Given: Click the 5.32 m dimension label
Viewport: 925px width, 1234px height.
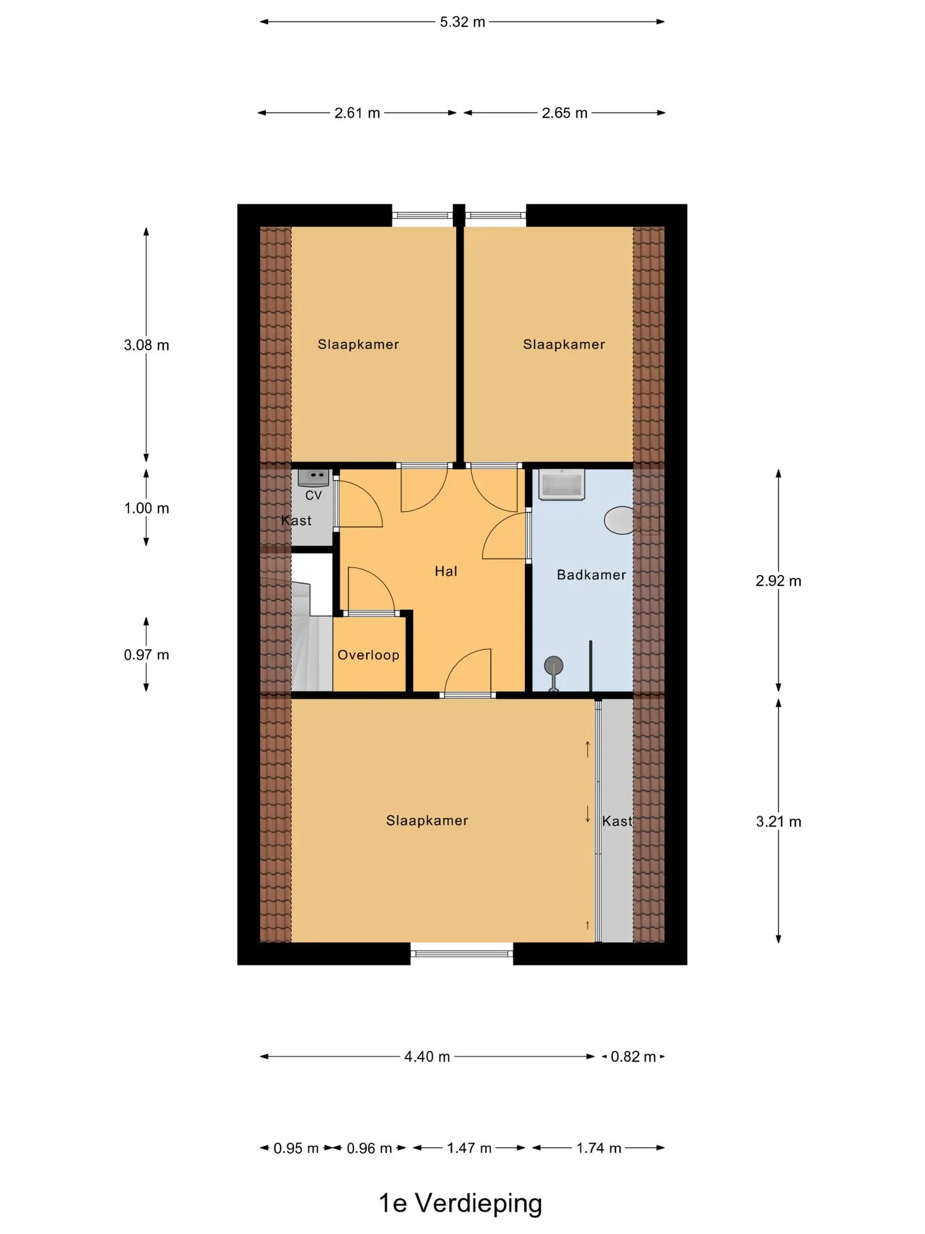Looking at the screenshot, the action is pyautogui.click(x=463, y=22).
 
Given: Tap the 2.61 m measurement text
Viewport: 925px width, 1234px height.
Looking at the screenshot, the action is pyautogui.click(x=357, y=113).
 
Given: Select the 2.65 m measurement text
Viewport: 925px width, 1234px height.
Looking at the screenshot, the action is pyautogui.click(x=565, y=113).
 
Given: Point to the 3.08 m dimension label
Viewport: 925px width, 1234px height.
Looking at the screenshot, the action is pyautogui.click(x=146, y=345).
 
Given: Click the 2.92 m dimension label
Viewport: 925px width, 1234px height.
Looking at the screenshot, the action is pyautogui.click(x=779, y=581).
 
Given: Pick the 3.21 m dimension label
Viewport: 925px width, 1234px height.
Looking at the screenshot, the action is pyautogui.click(x=779, y=821).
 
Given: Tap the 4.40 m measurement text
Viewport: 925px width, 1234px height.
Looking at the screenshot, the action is pyautogui.click(x=427, y=1057).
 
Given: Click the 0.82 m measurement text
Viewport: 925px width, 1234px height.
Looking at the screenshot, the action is pyautogui.click(x=633, y=1057).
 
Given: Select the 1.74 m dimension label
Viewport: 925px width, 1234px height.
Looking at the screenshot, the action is pyautogui.click(x=599, y=1148).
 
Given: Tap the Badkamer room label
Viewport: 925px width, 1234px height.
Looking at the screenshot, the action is pyautogui.click(x=592, y=575).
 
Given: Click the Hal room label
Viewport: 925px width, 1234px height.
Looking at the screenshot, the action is pyautogui.click(x=446, y=571).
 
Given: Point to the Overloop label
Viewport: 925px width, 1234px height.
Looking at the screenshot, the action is pyautogui.click(x=369, y=655).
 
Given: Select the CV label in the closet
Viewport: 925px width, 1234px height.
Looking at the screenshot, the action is pyautogui.click(x=313, y=496).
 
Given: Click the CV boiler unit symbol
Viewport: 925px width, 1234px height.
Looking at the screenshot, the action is pyautogui.click(x=313, y=478).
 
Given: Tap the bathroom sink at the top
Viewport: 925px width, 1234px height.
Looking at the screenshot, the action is pyautogui.click(x=562, y=484).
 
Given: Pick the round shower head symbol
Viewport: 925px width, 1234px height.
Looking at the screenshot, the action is pyautogui.click(x=553, y=665).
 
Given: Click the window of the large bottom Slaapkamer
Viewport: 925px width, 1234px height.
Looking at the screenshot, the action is pyautogui.click(x=462, y=954).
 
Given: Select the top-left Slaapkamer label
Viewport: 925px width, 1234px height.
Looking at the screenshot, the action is pyautogui.click(x=358, y=344).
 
